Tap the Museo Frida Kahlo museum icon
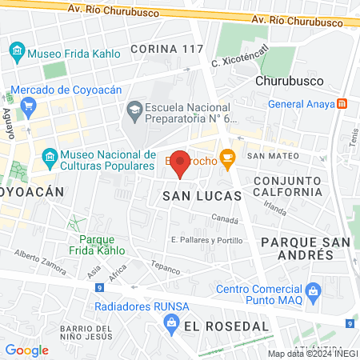click(x=17, y=54)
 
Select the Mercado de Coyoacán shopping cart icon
click(x=29, y=105)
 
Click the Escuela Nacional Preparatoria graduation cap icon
click(x=134, y=108)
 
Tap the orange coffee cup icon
click(x=227, y=157)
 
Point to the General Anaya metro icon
click(x=342, y=103)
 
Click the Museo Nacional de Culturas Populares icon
click(x=50, y=156)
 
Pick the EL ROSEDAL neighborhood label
click(x=226, y=326)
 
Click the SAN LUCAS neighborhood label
click(x=192, y=195)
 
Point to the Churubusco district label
click(x=288, y=81)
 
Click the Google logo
click(x=26, y=350)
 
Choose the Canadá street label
click(x=225, y=218)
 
